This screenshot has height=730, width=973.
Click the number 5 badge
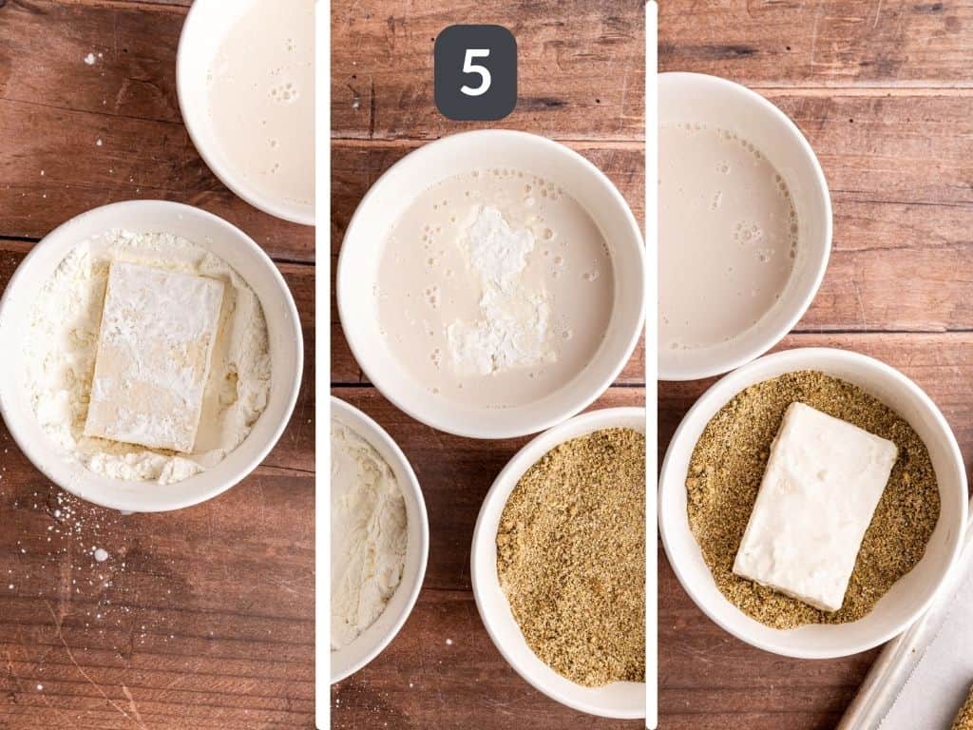click(x=475, y=72)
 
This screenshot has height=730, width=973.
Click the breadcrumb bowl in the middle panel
click(x=570, y=561)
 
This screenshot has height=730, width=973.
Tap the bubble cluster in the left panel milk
click(x=282, y=92)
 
